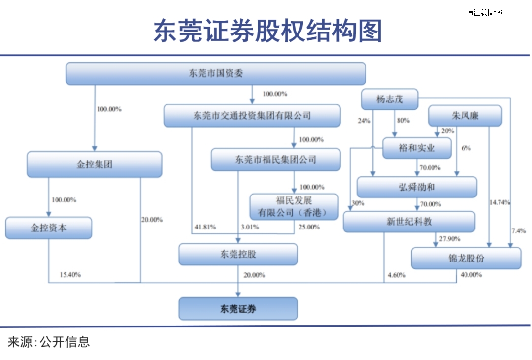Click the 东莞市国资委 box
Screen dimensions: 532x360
216,73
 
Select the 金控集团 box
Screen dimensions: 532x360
94,164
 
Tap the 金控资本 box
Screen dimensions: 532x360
48,228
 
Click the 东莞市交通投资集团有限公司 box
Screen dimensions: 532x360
252,116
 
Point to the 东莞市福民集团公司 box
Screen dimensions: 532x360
276,160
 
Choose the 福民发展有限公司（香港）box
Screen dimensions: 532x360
294,207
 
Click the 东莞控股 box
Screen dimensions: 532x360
238,254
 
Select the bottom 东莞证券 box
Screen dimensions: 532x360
238,309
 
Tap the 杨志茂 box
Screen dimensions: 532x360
390,99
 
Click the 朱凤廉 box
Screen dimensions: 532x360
465,116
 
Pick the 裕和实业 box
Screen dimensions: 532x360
417,148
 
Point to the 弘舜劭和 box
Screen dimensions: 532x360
417,187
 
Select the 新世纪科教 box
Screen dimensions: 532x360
409,222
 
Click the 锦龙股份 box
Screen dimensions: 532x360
466,258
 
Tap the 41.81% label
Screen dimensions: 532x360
205,227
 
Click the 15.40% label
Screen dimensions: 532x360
70,274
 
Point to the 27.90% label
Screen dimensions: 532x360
450,239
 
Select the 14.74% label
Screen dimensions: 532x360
500,202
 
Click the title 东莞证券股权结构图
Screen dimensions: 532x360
268,31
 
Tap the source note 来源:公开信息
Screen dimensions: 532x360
49,342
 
